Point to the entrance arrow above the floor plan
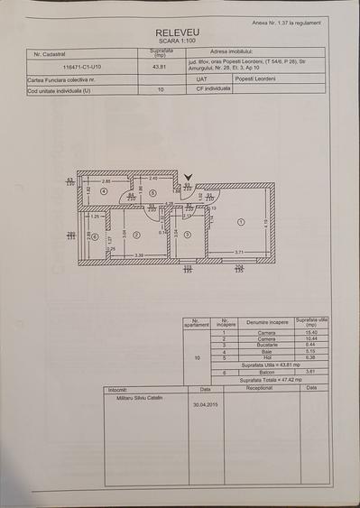click(188, 179)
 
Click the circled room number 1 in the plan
click(240, 222)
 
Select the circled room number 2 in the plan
click(136, 235)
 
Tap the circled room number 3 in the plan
click(186, 235)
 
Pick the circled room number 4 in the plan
click(104, 192)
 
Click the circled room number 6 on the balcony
click(94, 236)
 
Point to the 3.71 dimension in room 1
click(239, 252)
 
